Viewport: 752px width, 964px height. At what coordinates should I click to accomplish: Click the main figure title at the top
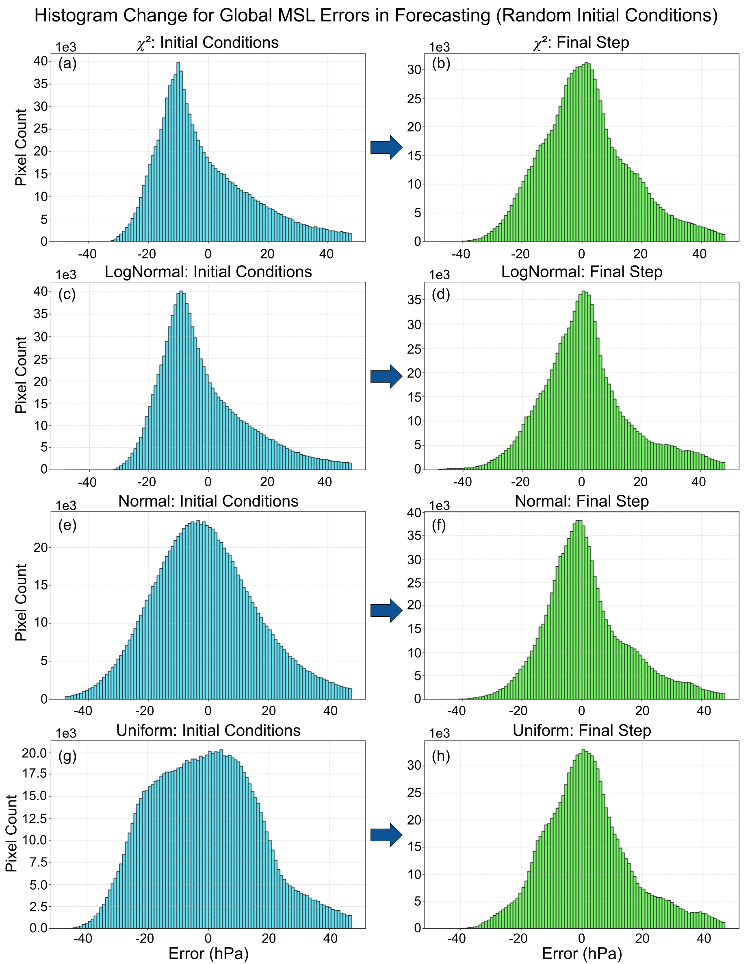(x=376, y=16)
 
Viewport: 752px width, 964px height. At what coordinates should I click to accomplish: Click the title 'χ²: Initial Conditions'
(x=208, y=43)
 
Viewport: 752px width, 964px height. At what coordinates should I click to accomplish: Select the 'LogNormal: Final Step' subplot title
(x=581, y=272)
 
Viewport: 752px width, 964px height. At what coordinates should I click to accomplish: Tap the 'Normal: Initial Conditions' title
(x=208, y=501)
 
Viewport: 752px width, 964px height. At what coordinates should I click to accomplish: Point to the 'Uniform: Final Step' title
(x=581, y=731)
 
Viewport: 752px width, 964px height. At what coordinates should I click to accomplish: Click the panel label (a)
(x=67, y=64)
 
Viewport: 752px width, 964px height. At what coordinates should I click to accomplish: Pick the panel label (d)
(x=441, y=294)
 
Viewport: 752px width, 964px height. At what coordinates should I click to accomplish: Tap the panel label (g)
(x=67, y=757)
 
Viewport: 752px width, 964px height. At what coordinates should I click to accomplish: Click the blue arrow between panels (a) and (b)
(x=386, y=148)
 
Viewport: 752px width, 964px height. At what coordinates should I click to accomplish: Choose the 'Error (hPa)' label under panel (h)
(x=581, y=954)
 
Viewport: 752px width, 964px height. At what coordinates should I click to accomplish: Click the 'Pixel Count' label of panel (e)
(x=21, y=603)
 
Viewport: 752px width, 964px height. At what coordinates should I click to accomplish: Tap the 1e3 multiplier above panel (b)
(x=440, y=48)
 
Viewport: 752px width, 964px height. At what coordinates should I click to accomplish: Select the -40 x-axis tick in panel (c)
(x=87, y=482)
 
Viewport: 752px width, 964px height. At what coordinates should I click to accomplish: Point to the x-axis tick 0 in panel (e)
(x=208, y=711)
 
